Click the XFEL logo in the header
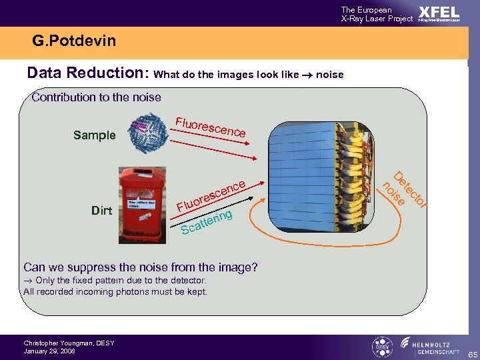tap(438, 13)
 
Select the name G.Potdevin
tap(73, 41)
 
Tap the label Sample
tap(94, 135)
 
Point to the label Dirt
tap(101, 211)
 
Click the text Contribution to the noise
tap(97, 97)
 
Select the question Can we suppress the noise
tap(140, 268)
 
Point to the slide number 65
tap(470, 353)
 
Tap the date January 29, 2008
tap(49, 351)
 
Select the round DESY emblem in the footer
tap(382, 347)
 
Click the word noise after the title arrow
tap(329, 75)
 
